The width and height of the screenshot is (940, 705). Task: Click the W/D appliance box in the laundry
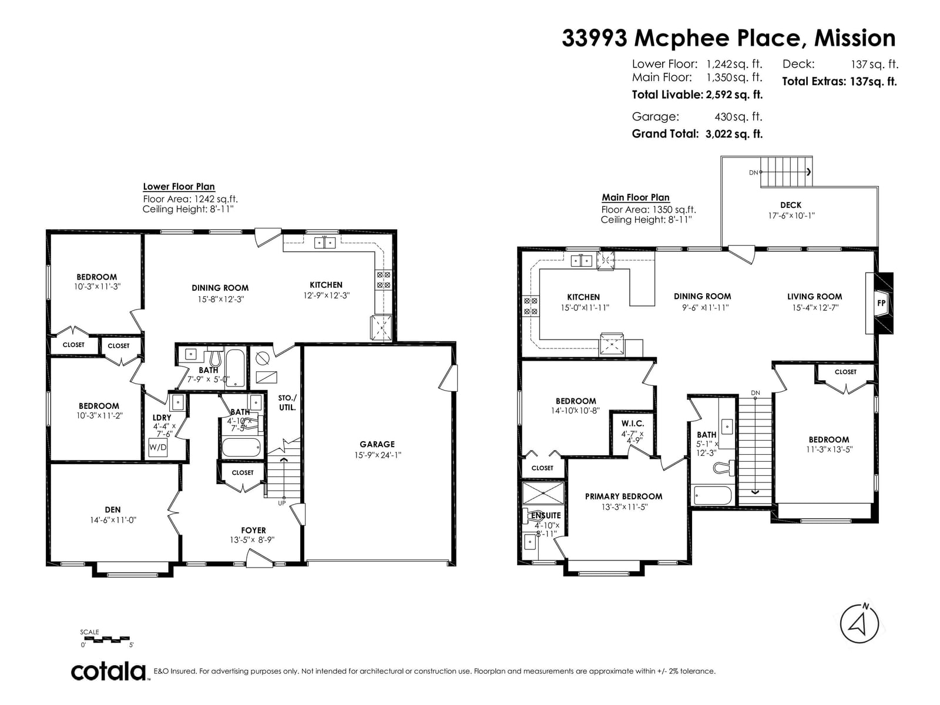click(157, 447)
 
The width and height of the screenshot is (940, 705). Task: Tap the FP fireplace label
click(881, 303)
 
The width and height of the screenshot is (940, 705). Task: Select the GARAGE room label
click(377, 444)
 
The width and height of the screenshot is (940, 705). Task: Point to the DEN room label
click(113, 509)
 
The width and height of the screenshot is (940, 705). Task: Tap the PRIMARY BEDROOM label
click(623, 496)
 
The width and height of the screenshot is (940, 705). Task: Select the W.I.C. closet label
click(633, 424)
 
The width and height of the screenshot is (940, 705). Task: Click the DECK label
click(791, 205)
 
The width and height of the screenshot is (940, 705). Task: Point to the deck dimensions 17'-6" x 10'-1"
click(791, 216)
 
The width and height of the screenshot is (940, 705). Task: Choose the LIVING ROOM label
click(814, 297)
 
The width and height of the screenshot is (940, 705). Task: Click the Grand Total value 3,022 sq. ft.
click(734, 134)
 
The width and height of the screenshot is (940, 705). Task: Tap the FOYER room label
click(253, 531)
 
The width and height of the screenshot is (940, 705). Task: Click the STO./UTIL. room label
click(287, 403)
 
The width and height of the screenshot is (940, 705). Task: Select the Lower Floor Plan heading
click(179, 187)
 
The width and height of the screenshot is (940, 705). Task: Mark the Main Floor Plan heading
click(636, 197)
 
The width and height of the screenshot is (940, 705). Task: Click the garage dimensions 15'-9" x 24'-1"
click(377, 455)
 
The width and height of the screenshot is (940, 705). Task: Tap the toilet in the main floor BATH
click(724, 467)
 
